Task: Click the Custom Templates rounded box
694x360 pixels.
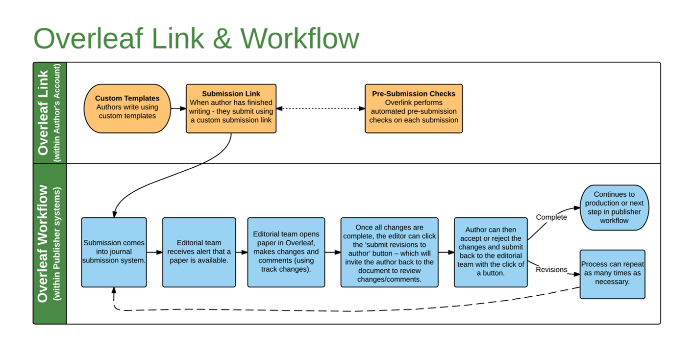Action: tap(127, 108)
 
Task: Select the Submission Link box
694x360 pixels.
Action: tap(231, 108)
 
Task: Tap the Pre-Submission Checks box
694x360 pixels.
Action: tap(414, 108)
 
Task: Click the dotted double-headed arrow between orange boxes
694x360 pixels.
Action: tap(321, 108)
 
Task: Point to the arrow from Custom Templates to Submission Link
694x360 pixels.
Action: tap(178, 108)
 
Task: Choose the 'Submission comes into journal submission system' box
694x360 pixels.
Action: tap(114, 252)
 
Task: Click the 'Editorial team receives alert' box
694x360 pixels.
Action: tap(198, 252)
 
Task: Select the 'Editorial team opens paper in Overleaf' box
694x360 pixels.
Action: tap(286, 252)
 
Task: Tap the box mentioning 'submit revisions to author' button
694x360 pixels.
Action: tap(389, 252)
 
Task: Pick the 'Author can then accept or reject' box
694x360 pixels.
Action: tap(491, 252)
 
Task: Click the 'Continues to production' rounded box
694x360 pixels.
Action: tap(614, 207)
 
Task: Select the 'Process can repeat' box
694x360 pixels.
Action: tap(612, 274)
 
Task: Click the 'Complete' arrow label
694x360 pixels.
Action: tap(551, 217)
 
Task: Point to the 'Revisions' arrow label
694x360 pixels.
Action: tap(551, 270)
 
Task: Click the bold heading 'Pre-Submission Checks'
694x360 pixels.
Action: tap(414, 94)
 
